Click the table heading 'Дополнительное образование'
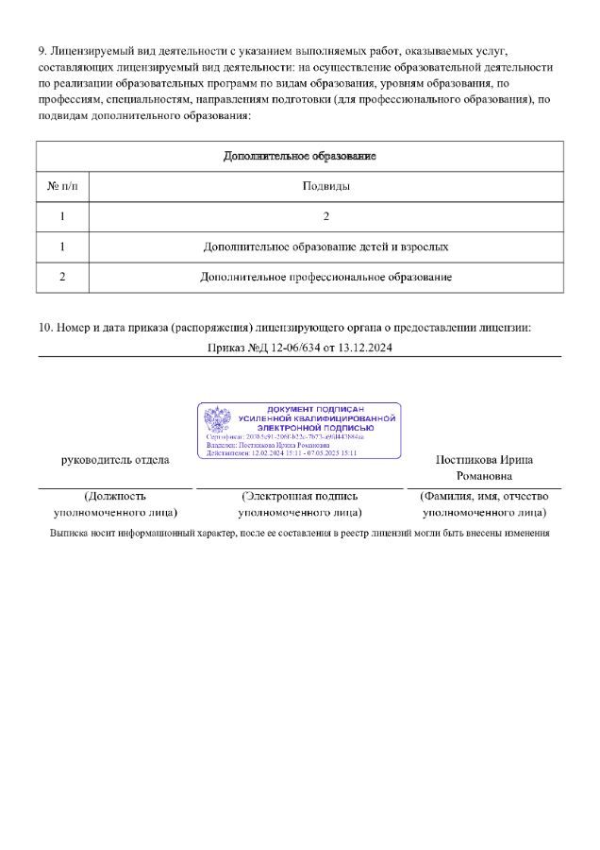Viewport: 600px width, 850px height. click(299, 156)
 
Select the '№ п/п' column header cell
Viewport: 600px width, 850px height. click(62, 186)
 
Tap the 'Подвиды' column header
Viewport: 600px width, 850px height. click(325, 186)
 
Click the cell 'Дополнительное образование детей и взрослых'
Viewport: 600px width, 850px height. click(325, 246)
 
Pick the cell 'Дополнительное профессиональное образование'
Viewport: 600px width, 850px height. click(325, 278)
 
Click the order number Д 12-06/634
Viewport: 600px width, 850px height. click(280, 348)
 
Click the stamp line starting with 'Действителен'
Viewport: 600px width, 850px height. click(281, 453)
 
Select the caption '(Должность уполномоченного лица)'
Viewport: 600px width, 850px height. click(115, 504)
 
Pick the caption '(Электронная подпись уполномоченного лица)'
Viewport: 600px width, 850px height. click(299, 504)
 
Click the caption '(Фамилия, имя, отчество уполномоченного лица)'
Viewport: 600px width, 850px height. click(484, 504)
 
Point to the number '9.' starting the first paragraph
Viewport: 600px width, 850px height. click(43, 50)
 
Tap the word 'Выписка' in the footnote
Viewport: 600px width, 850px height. click(70, 534)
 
